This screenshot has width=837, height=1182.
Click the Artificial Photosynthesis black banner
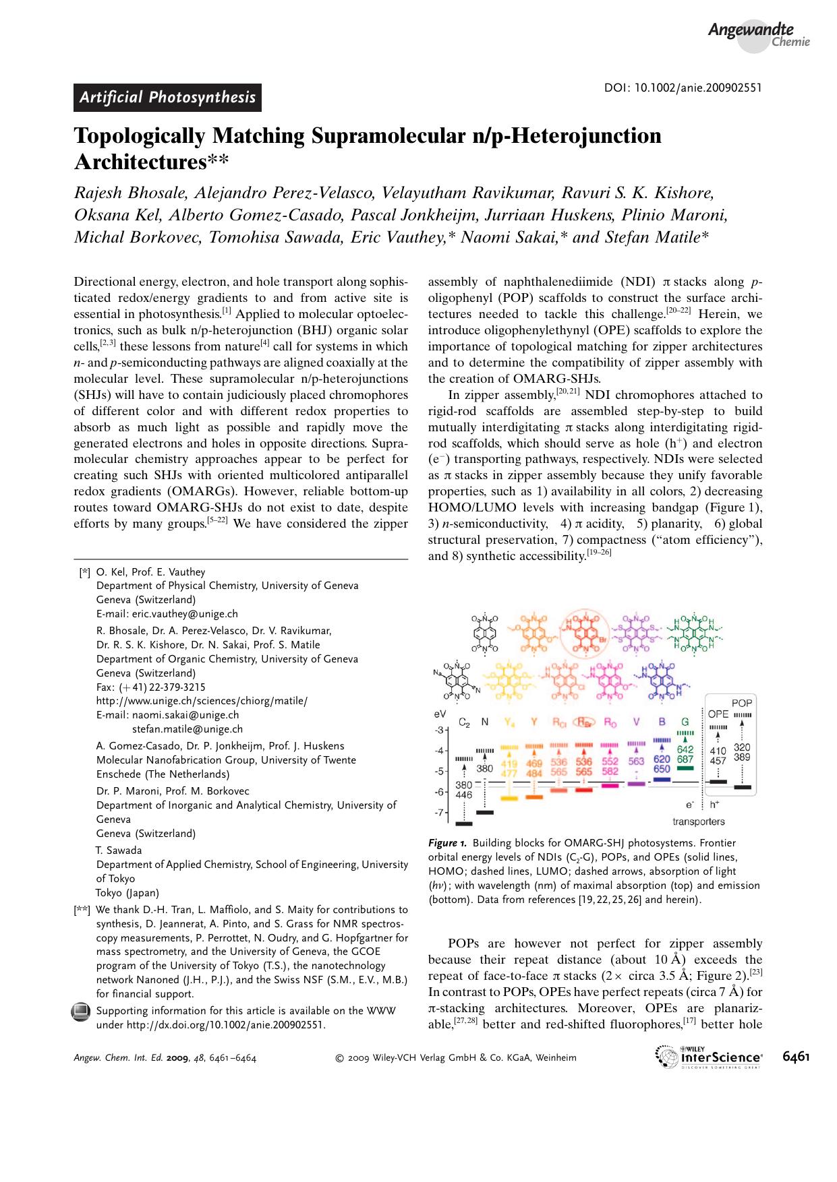167,98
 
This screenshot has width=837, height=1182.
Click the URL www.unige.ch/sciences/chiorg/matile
202,701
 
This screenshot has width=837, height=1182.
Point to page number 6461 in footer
796,1057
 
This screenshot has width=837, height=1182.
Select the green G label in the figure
685,722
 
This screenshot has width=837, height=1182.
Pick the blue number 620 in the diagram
662,758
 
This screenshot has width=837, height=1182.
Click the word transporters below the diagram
698,821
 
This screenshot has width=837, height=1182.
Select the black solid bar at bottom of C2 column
464,823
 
